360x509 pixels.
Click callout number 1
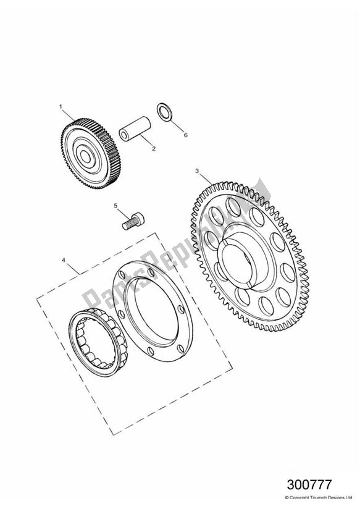61,106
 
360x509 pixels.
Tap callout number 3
196,170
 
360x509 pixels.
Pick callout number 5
115,206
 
